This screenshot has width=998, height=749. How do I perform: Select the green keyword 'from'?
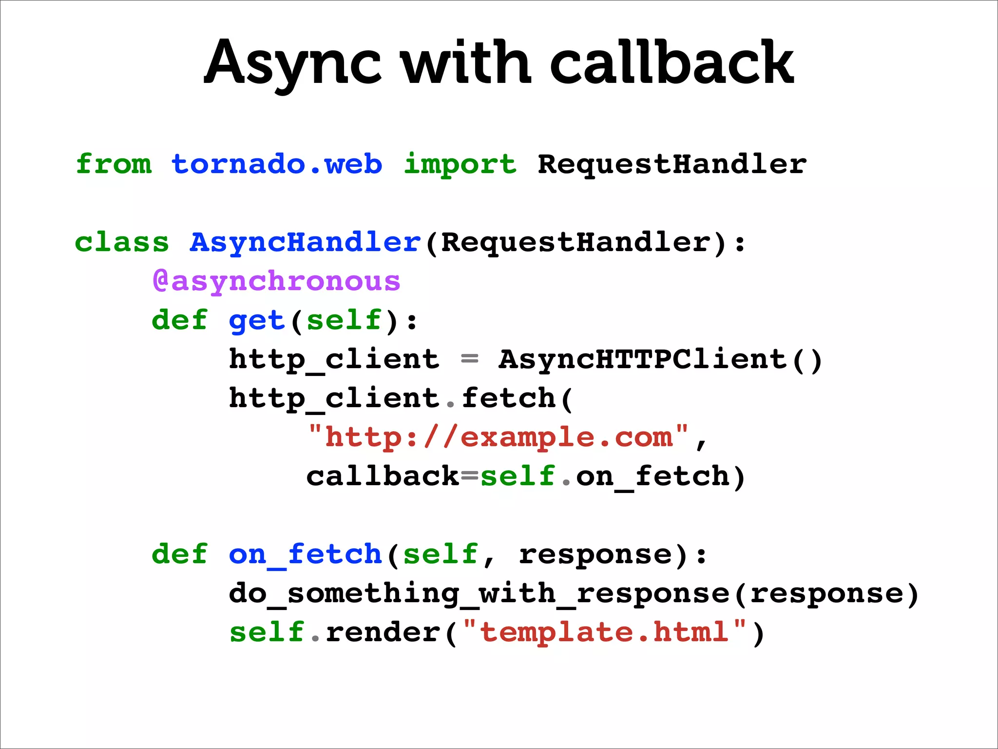click(x=114, y=164)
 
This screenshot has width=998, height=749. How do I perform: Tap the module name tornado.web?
click(x=277, y=164)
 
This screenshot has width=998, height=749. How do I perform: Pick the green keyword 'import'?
click(x=460, y=165)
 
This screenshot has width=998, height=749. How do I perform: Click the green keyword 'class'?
click(x=122, y=242)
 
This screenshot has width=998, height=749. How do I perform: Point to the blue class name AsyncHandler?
click(x=305, y=243)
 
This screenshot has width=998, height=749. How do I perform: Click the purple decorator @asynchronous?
click(x=276, y=282)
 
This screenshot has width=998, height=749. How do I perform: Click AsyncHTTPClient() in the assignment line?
click(x=660, y=360)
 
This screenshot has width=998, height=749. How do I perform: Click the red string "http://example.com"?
click(x=498, y=437)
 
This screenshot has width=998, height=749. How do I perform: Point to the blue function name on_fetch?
click(x=305, y=554)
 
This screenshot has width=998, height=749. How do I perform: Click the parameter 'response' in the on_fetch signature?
click(x=595, y=554)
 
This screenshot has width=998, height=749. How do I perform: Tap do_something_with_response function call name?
click(x=479, y=594)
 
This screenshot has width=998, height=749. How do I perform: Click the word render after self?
click(x=383, y=632)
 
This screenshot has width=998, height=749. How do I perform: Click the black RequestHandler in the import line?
click(x=672, y=164)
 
